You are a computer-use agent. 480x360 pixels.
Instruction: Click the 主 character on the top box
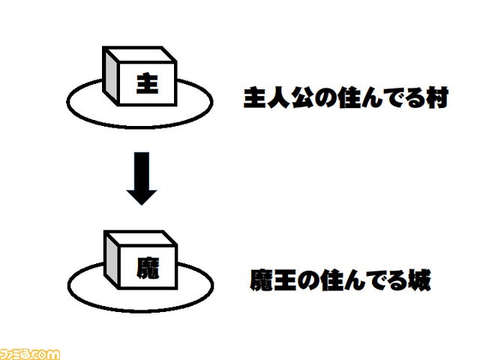147,85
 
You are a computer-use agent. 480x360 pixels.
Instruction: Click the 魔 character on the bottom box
147,267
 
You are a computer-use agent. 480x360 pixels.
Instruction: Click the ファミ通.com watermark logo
30,352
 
